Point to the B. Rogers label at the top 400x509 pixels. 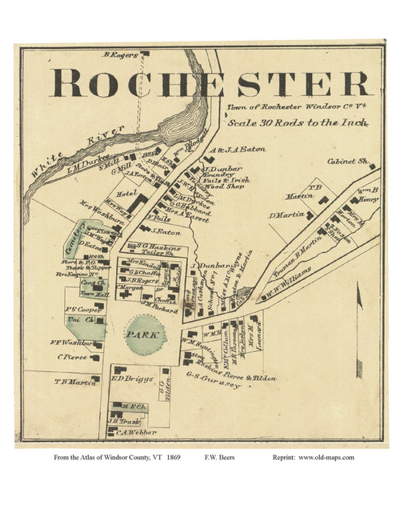[120, 55]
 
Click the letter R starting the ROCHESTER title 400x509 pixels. [68, 82]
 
